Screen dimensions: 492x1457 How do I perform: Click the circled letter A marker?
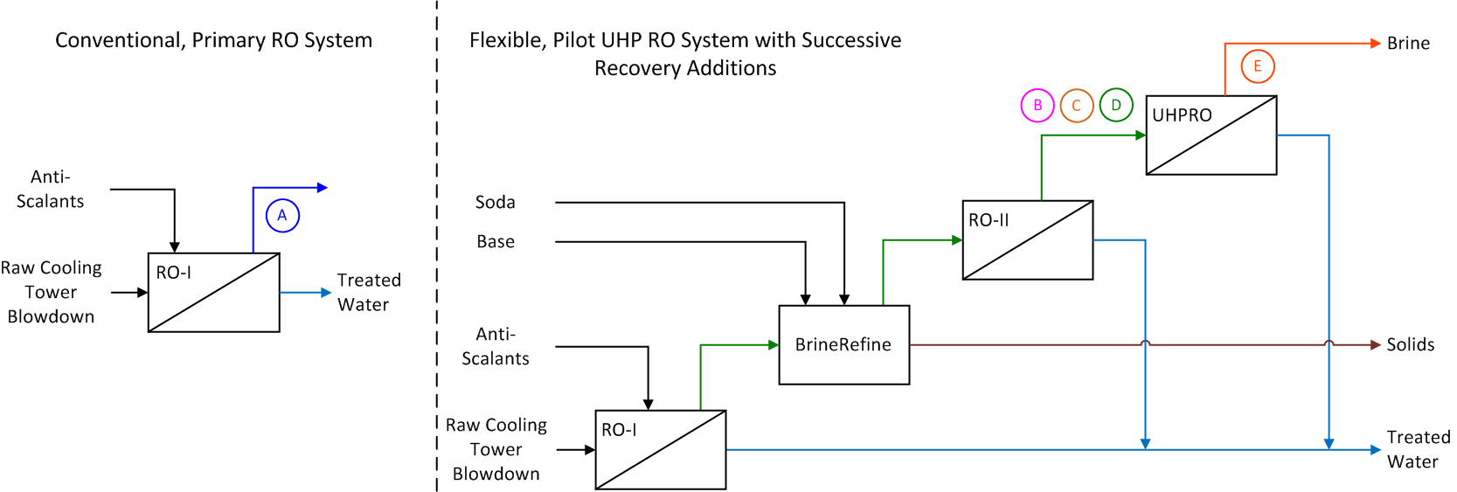[x=282, y=216]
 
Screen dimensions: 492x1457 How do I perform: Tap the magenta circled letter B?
[x=1037, y=106]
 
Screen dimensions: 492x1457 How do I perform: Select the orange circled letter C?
[x=1077, y=106]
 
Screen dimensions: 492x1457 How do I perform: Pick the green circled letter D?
[x=1116, y=106]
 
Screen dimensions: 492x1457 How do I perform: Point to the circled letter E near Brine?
[x=1258, y=66]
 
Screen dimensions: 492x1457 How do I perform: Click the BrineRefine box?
[x=843, y=345]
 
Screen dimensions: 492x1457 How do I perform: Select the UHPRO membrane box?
[x=1211, y=135]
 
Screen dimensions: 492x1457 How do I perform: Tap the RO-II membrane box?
[x=1027, y=240]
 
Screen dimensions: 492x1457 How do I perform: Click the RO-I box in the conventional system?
[x=213, y=293]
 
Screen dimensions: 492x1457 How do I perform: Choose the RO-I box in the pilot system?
[x=660, y=450]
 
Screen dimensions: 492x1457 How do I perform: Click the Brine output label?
[x=1408, y=44]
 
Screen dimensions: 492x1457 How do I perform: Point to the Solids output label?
[x=1410, y=345]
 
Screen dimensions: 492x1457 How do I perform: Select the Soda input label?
[x=495, y=203]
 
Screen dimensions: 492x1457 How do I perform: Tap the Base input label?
[x=495, y=242]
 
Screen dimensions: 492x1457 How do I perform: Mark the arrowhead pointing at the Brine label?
[x=1375, y=44]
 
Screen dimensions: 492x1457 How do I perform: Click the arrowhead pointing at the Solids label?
[x=1375, y=345]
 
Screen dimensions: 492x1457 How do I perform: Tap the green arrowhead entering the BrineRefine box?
[x=774, y=345]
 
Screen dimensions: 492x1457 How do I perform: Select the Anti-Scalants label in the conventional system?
[x=50, y=190]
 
